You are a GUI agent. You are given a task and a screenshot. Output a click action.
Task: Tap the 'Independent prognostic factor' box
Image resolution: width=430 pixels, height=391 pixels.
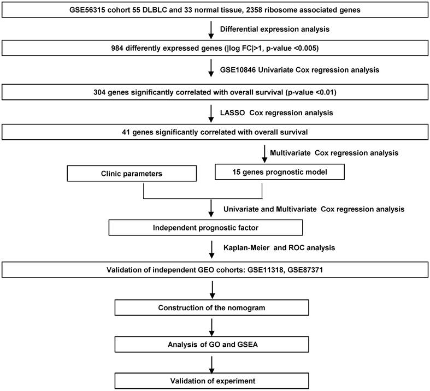click(205, 227)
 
